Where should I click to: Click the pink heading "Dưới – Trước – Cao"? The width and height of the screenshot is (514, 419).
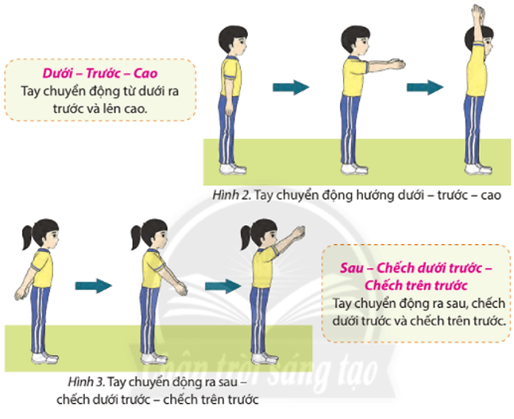(100, 73)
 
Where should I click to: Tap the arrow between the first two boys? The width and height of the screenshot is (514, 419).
(291, 87)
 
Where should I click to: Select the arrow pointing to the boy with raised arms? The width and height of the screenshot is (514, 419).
(425, 87)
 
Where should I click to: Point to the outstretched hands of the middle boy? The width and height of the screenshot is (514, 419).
(396, 64)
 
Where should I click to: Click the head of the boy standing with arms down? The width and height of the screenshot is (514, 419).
(233, 41)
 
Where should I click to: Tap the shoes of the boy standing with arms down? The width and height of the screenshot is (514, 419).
(233, 169)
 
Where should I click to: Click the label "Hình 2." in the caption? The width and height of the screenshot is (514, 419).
(232, 196)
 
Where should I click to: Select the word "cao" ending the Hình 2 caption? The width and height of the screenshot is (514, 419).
(491, 196)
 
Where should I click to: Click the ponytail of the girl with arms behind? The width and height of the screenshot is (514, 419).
(29, 237)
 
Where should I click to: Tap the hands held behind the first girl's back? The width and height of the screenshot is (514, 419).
(21, 293)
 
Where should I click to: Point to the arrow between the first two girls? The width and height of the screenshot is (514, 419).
(94, 285)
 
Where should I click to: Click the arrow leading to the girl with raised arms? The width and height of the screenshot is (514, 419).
(223, 285)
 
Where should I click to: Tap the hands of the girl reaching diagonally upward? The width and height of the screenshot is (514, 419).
(299, 232)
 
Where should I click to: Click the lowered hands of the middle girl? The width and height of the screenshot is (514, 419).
(181, 289)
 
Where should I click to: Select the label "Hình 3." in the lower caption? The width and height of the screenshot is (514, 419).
(87, 382)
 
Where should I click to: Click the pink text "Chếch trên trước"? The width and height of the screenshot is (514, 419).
(416, 285)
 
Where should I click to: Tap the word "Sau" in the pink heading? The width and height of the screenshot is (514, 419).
(352, 268)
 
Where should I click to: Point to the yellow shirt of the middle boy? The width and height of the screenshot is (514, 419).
(354, 77)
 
